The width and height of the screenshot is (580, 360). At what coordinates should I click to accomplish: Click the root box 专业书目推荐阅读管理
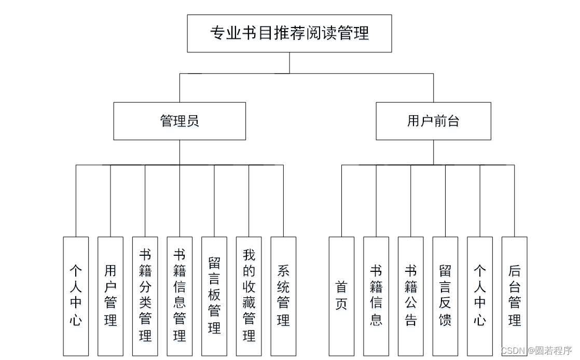coord(289,33)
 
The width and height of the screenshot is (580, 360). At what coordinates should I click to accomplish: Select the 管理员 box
coord(179,121)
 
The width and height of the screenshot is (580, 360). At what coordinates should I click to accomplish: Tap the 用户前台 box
coord(433,121)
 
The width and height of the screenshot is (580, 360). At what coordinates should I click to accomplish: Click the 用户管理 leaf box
coord(111,296)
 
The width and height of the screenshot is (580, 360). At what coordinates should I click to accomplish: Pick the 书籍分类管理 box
coord(145,296)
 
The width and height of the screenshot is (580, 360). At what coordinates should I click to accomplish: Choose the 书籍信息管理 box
coord(179,296)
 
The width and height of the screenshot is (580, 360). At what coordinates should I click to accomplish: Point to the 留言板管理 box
coord(214,296)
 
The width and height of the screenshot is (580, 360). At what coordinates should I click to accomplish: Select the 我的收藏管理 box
coord(249,296)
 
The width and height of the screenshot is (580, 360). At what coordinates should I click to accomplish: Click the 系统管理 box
coord(283,296)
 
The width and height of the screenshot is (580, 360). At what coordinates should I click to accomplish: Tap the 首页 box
coord(341,296)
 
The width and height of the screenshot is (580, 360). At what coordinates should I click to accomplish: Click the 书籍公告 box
coord(411,296)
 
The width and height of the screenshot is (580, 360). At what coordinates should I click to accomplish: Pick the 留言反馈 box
coord(445,296)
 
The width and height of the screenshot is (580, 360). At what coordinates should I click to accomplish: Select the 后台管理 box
coord(514,296)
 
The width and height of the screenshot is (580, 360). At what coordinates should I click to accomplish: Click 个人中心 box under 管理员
coord(76,296)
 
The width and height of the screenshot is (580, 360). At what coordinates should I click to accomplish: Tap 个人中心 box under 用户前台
coord(480,296)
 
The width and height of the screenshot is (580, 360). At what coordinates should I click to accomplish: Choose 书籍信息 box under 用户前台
coord(376,296)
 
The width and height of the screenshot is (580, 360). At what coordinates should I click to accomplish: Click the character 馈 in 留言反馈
coord(445,320)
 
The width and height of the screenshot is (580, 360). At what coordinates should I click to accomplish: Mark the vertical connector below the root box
coord(289,63)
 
